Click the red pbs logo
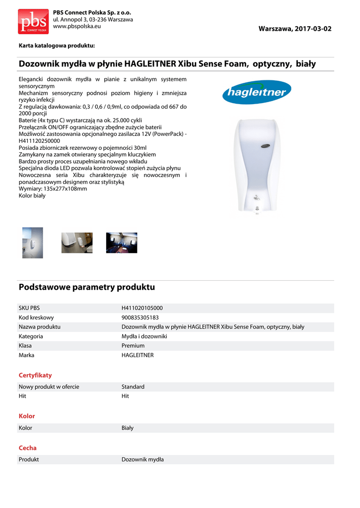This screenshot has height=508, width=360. click(33, 21)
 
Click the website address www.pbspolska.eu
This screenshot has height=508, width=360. click(76, 26)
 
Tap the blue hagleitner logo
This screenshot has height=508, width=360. click(256, 92)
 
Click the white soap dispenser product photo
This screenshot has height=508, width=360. click(256, 169)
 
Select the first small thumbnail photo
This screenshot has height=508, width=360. click(32, 243)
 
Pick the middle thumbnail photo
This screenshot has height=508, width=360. click(76, 243)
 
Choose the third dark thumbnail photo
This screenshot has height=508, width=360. click(121, 243)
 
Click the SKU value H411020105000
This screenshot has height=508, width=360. click(142, 308)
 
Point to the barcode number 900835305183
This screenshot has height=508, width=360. click(140, 317)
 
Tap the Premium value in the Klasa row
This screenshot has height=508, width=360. click(133, 346)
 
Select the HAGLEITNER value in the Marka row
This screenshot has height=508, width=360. click(138, 355)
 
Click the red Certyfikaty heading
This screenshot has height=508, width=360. click(35, 376)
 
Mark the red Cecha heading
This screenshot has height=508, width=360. click(28, 448)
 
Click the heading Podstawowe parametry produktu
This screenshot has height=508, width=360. click(87, 287)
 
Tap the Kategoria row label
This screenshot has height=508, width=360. click(31, 336)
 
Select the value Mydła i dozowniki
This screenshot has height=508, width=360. click(144, 336)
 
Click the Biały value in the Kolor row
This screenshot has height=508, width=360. click(128, 428)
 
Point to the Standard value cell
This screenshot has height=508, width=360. click(133, 387)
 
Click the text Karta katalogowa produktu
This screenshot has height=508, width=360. click(57, 46)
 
